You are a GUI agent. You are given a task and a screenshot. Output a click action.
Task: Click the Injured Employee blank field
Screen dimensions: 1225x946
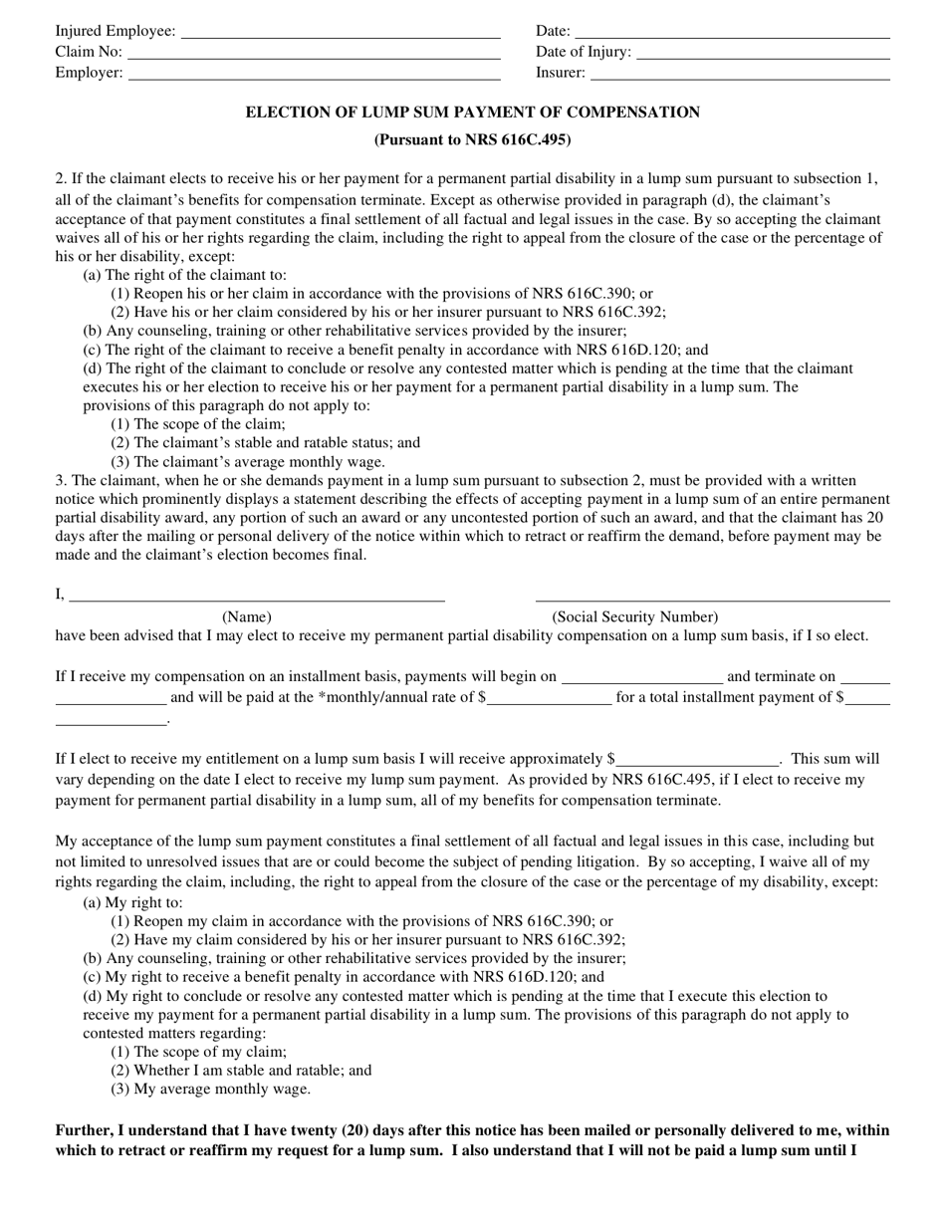341,32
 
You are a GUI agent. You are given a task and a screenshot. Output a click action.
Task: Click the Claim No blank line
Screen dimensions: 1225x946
313,53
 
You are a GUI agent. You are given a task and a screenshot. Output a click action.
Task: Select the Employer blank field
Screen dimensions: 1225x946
314,74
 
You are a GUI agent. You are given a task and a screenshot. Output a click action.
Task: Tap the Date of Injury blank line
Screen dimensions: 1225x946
762,53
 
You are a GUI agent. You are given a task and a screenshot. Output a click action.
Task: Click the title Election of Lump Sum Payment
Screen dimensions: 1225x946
472,113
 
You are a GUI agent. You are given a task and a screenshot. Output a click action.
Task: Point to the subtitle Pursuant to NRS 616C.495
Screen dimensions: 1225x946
472,140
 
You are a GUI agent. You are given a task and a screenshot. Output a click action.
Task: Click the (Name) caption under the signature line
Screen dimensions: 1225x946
246,617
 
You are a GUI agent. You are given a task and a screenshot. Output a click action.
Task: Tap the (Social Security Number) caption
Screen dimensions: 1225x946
634,617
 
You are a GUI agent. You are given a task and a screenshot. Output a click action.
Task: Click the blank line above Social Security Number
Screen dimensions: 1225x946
712,597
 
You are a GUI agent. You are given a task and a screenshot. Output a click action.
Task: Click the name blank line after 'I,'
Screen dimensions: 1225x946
256,597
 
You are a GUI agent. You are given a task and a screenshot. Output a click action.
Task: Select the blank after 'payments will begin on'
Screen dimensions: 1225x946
642,678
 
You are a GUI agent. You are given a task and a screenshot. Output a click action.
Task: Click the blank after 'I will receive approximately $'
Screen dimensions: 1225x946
697,761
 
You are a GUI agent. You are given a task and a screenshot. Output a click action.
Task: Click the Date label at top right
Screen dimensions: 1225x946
553,31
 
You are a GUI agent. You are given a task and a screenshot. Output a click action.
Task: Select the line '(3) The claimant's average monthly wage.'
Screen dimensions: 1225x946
247,462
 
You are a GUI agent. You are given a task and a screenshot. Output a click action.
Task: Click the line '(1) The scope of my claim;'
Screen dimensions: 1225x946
199,1052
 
